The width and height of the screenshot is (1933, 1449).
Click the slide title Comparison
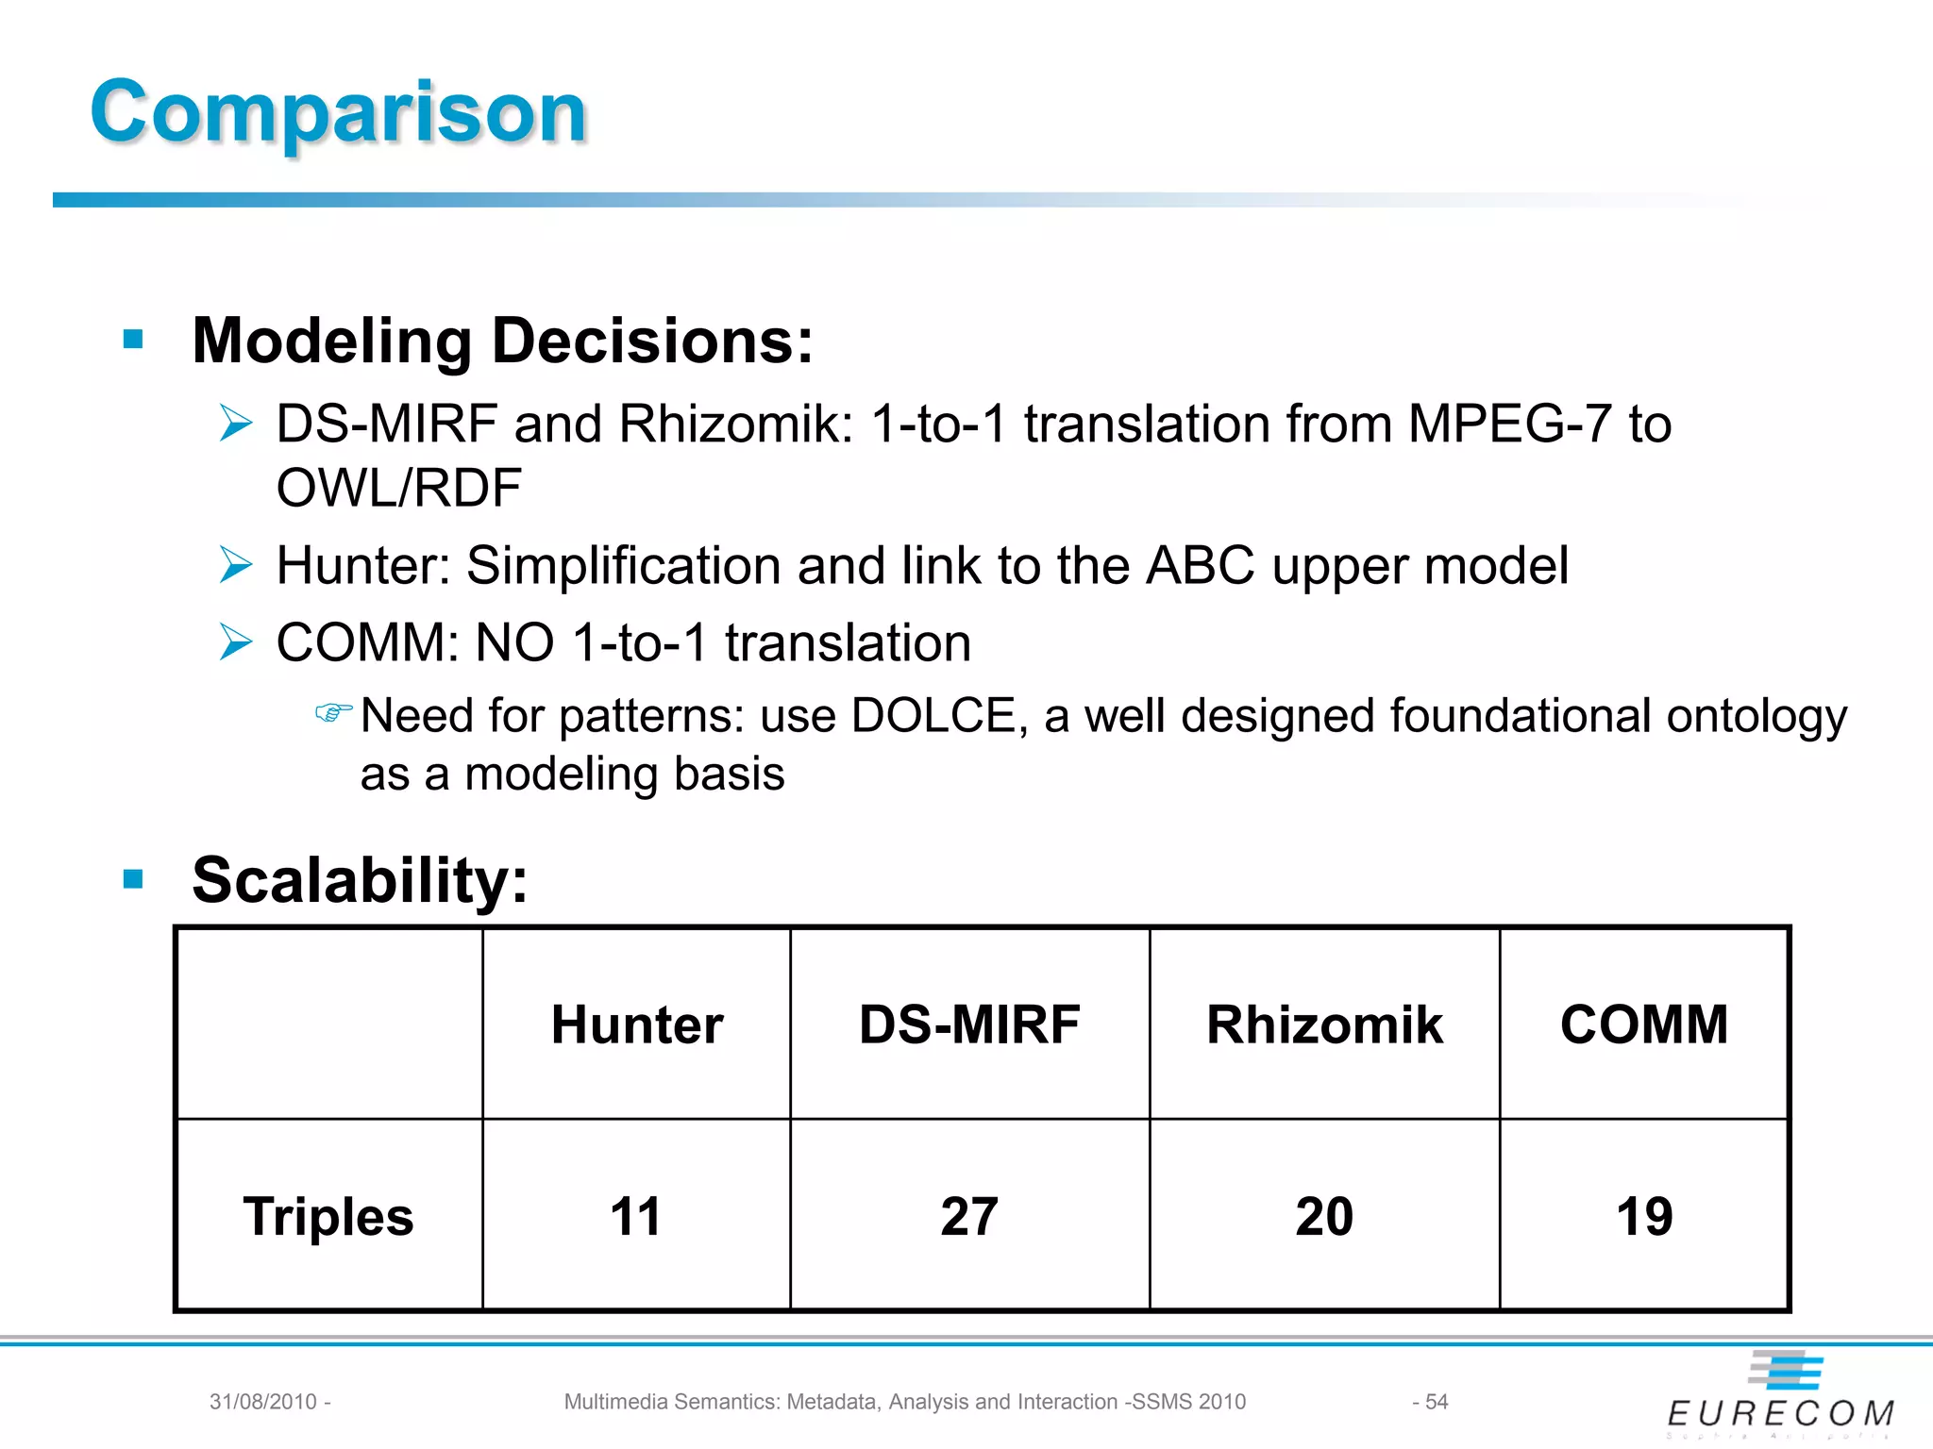click(x=339, y=111)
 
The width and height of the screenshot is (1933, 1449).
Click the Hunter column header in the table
click(x=637, y=1024)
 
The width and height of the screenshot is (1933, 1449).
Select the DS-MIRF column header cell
click(x=969, y=1024)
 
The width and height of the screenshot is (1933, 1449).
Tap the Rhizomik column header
click(x=1324, y=1024)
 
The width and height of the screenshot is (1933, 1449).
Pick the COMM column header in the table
click(x=1644, y=1024)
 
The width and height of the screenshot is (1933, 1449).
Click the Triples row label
click(x=328, y=1216)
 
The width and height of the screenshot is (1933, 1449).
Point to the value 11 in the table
click(x=635, y=1216)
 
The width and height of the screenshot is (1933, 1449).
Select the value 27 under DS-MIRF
click(x=969, y=1216)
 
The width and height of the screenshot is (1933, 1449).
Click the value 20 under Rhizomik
click(x=1324, y=1216)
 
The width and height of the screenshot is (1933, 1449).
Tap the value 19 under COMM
click(x=1644, y=1216)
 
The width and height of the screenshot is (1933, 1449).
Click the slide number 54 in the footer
click(x=1436, y=1402)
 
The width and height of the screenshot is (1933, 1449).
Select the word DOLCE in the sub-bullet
click(x=933, y=716)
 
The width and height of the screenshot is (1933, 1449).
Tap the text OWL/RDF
click(x=398, y=489)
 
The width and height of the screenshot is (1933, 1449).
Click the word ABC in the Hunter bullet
click(x=1200, y=566)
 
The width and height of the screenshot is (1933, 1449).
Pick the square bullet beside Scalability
click(x=133, y=879)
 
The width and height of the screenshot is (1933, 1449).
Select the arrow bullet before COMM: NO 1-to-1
click(x=236, y=642)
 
